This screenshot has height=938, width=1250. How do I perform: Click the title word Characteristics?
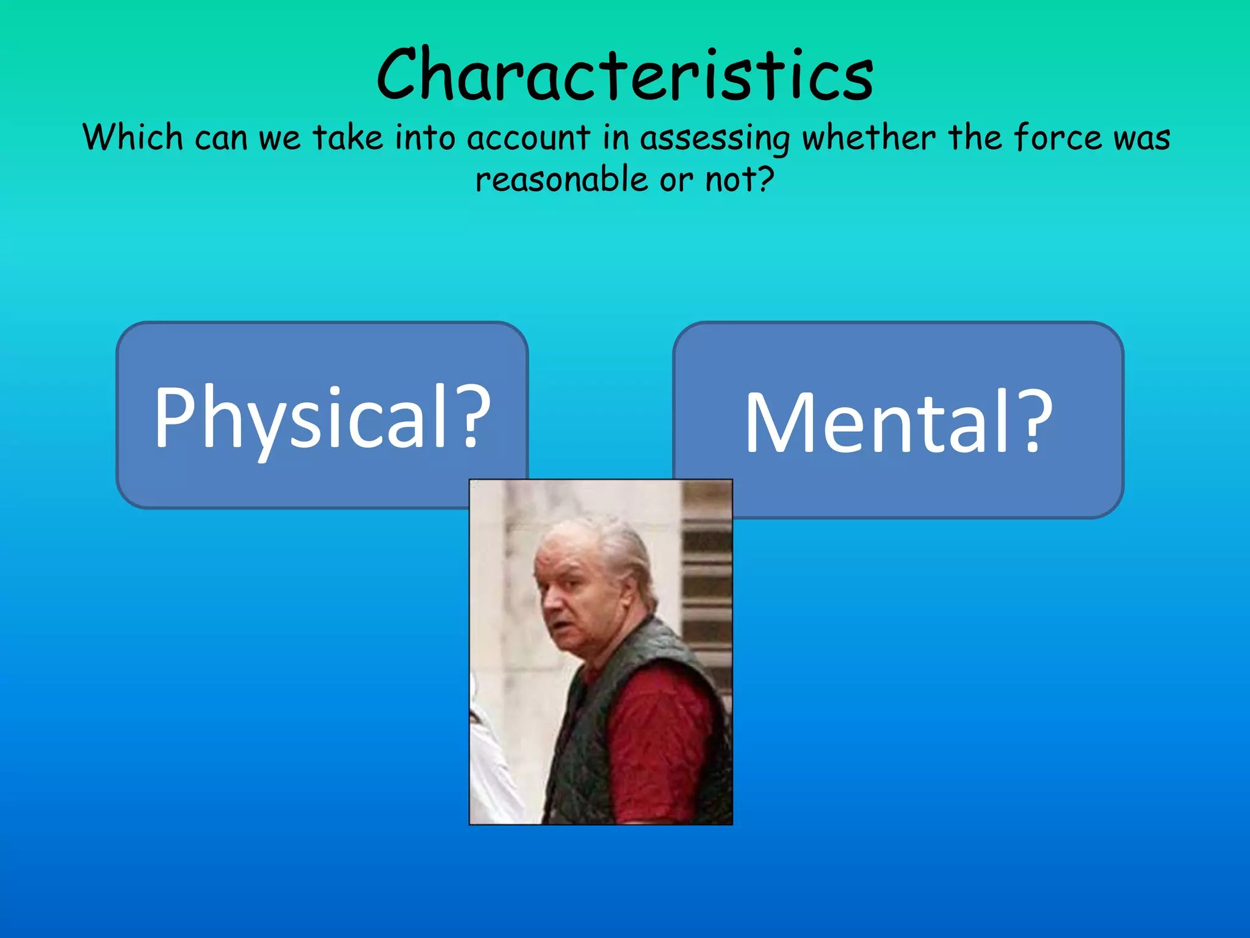(x=625, y=75)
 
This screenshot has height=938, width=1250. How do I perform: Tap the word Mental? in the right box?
(x=898, y=423)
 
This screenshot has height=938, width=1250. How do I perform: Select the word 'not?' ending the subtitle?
(x=740, y=180)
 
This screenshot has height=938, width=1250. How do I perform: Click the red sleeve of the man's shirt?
(x=665, y=733)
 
